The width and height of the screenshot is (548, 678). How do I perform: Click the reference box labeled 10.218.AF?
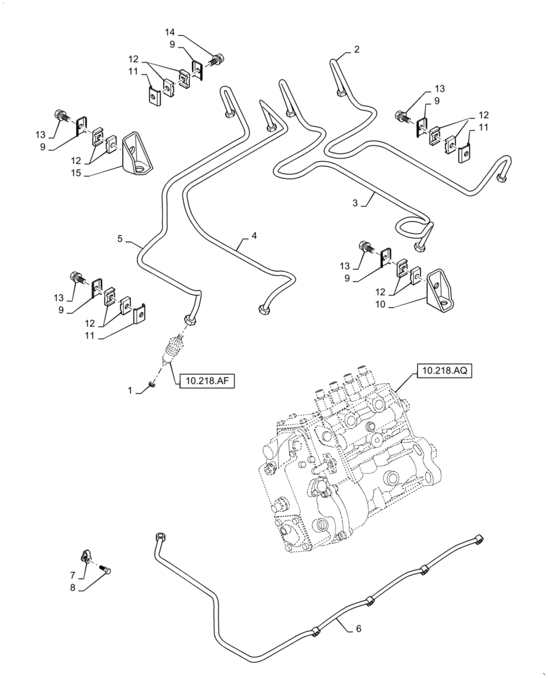point(207,382)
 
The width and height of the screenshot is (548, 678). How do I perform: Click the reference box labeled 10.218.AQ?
point(443,371)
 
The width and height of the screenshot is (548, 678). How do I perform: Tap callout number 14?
point(169,32)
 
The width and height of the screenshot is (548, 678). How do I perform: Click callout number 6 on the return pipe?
point(359,629)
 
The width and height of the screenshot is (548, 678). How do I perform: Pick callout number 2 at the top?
point(356,49)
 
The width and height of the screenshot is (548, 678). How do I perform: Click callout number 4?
point(254,236)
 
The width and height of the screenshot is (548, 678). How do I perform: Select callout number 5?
point(119,239)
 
